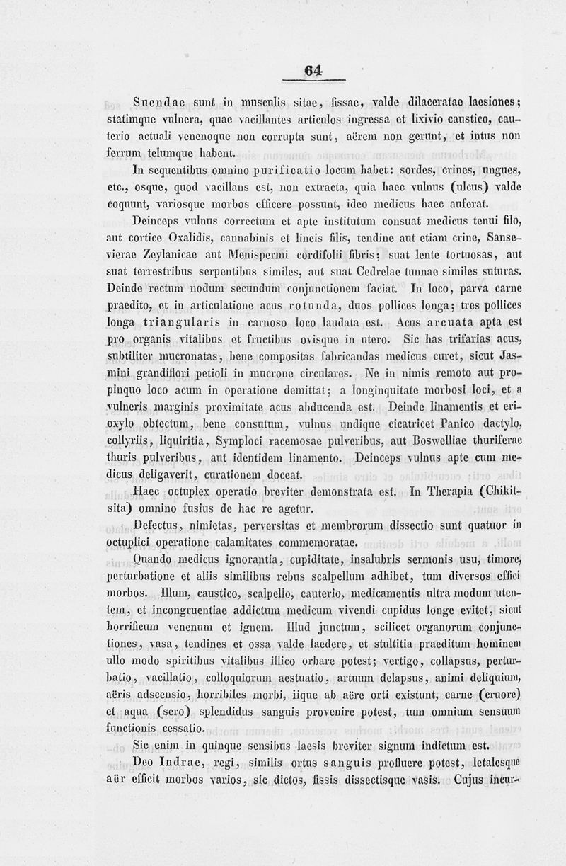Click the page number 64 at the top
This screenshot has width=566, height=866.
pyautogui.click(x=313, y=70)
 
